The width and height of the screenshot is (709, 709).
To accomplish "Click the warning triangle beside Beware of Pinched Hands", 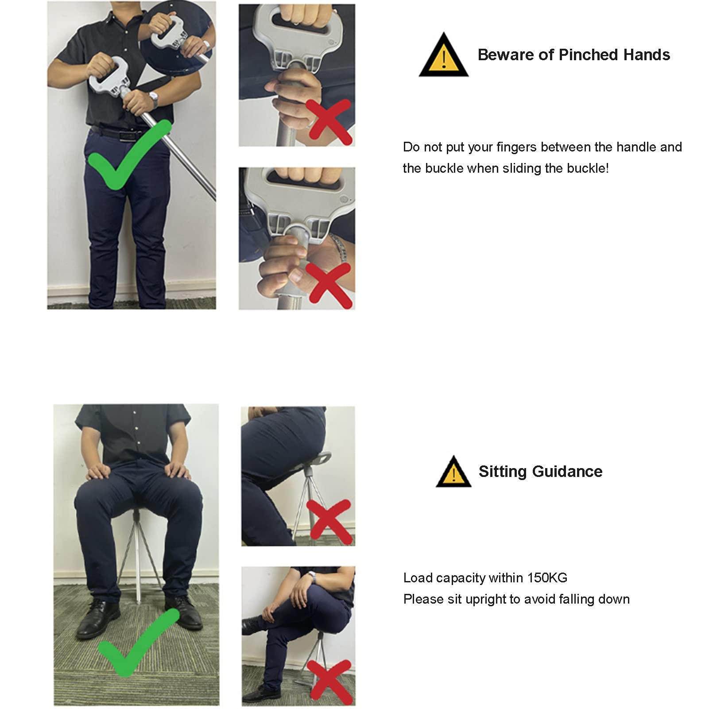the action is (x=443, y=55).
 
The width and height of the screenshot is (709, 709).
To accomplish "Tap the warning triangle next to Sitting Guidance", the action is (x=453, y=472).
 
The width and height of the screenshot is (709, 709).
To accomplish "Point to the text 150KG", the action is (x=547, y=577).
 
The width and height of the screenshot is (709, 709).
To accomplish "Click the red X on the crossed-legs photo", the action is (x=330, y=682).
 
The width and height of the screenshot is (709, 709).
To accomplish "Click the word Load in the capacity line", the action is (x=418, y=577).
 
